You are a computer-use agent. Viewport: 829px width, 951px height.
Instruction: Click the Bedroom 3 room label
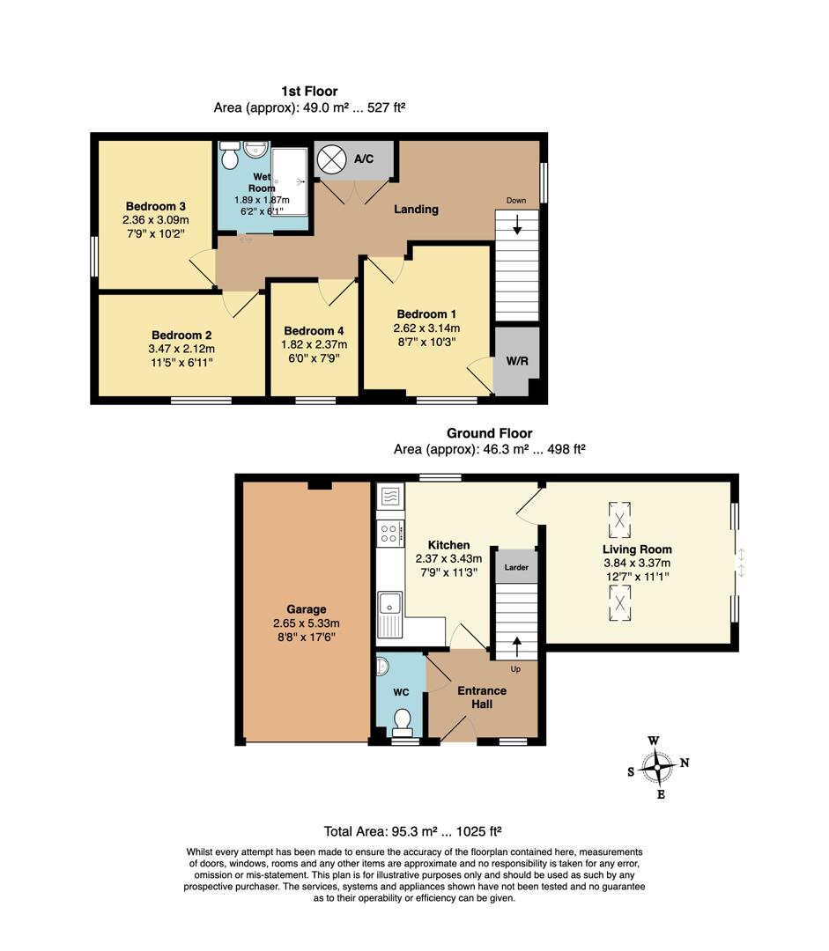[155, 206]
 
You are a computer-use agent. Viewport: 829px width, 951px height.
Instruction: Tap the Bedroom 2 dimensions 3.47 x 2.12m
[181, 349]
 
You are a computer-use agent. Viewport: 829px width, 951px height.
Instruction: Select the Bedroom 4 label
[314, 331]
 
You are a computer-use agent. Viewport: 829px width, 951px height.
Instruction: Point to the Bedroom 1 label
[426, 314]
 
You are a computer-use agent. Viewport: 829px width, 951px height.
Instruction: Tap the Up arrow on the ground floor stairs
[516, 645]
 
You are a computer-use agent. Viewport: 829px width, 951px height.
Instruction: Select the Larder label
[516, 568]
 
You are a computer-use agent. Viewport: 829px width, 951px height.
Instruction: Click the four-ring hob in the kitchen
[389, 532]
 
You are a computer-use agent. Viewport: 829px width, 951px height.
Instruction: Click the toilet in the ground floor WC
[403, 720]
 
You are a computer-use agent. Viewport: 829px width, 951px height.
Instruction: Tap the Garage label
[306, 609]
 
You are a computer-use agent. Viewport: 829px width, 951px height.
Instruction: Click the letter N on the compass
[685, 763]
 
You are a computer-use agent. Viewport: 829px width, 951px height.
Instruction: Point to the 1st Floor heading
[309, 91]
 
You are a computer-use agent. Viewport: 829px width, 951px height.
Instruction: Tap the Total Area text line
[413, 830]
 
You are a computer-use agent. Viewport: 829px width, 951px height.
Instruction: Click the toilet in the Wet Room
[230, 158]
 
